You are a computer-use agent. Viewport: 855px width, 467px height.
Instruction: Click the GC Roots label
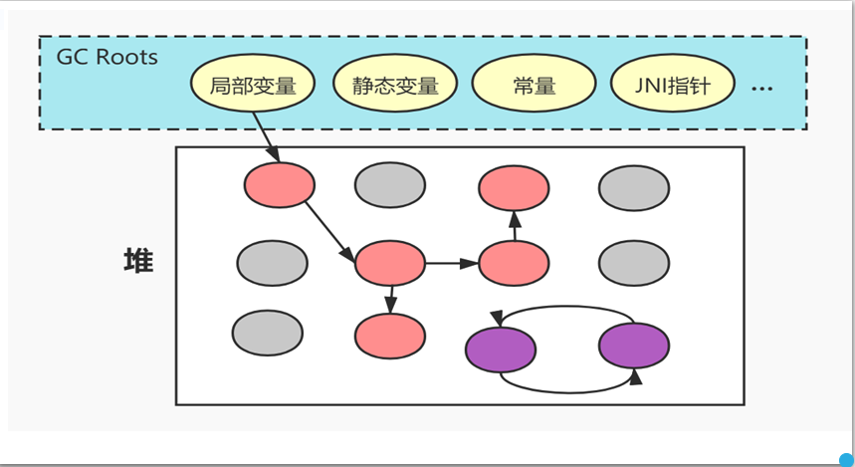[x=107, y=57]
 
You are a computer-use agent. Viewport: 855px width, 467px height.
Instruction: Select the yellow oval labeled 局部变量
[x=253, y=85]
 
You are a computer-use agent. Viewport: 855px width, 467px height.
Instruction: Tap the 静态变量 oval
[x=394, y=85]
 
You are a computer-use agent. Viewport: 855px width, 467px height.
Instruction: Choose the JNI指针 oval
[x=671, y=85]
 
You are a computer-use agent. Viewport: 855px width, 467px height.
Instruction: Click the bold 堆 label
[x=137, y=262]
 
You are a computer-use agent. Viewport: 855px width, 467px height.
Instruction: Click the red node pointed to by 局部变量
[x=280, y=185]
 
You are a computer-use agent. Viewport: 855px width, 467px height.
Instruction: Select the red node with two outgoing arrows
[x=390, y=263]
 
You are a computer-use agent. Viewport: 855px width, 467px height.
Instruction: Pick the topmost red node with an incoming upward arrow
[x=514, y=186]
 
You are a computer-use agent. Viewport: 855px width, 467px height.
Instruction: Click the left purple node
[x=501, y=347]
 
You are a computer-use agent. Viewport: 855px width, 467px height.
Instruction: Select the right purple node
[x=633, y=346]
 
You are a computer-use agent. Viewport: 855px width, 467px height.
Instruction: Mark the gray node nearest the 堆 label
[x=272, y=263]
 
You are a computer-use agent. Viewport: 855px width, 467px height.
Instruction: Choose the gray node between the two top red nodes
[x=390, y=186]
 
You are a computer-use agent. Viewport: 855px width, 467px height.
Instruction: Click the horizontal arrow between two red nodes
[x=453, y=264]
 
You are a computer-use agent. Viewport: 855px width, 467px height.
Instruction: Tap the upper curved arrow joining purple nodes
[x=567, y=308]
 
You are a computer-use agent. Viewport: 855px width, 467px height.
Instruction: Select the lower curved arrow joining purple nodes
[x=567, y=388]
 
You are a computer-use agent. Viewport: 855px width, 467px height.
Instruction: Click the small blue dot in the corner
[x=846, y=460]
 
